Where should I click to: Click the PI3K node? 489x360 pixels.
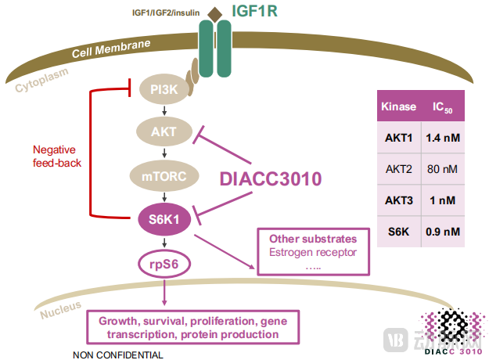[x=164, y=91]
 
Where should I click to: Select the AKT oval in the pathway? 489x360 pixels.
[x=164, y=133]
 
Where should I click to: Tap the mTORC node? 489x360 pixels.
[x=164, y=176]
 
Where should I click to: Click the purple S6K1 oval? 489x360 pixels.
[x=164, y=218]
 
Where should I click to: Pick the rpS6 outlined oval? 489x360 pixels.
[x=164, y=263]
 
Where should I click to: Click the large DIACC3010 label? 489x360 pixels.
[x=270, y=178]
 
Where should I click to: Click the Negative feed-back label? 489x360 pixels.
[x=56, y=156]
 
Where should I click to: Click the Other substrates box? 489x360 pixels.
[x=312, y=251]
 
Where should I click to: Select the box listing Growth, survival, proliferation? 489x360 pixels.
[x=189, y=327]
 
